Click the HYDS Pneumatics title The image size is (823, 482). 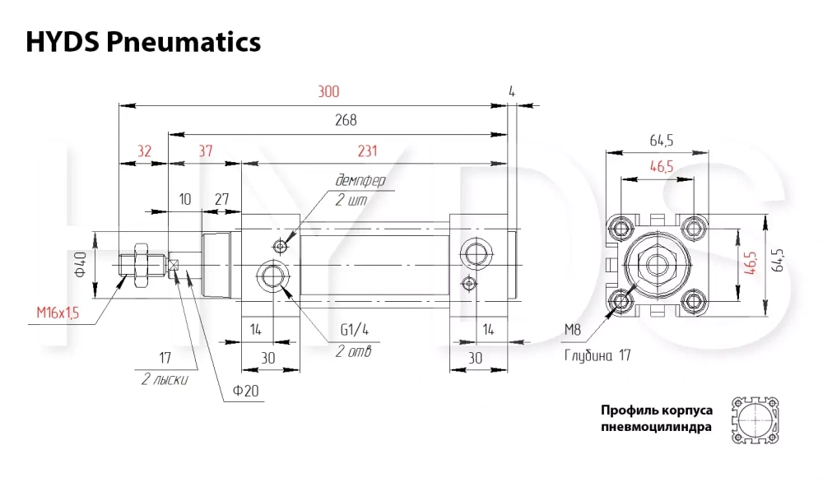(142, 42)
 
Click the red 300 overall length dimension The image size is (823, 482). (328, 92)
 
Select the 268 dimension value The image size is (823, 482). (346, 120)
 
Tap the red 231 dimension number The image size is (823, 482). (367, 151)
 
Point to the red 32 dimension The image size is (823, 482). (144, 151)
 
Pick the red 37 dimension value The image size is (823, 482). (205, 151)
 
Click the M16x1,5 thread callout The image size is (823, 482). (58, 313)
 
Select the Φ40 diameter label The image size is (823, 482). (81, 264)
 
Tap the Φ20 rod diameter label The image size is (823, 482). (245, 391)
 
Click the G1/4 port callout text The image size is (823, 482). (355, 329)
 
